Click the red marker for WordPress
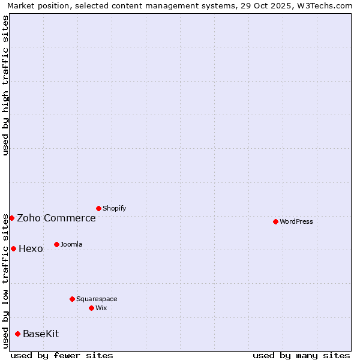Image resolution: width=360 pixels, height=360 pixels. point(275,221)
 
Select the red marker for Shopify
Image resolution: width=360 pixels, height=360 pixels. point(98,208)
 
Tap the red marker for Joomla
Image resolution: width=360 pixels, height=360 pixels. point(56,244)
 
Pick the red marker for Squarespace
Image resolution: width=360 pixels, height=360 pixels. point(72,299)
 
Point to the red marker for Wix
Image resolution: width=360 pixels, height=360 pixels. point(91,308)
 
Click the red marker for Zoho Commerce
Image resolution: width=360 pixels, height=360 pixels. point(11,218)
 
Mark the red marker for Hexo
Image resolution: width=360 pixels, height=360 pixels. point(13,248)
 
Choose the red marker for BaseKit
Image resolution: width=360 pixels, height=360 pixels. point(17,334)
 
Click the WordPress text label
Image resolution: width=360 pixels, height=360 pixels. point(296,221)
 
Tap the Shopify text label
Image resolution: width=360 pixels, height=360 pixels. point(114,208)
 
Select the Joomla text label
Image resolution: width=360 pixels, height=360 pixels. point(71,244)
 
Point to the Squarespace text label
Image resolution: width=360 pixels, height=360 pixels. point(97,299)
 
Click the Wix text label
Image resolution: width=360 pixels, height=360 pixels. point(101,308)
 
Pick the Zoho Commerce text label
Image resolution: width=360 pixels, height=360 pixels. point(56,218)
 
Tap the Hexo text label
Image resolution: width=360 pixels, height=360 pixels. point(31,249)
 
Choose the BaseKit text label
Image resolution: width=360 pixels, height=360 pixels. point(41,334)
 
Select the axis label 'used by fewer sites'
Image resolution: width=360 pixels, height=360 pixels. point(62,355)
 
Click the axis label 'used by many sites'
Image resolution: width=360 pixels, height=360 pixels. point(301,355)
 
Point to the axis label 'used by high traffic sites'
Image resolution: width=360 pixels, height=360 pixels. point(5,86)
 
